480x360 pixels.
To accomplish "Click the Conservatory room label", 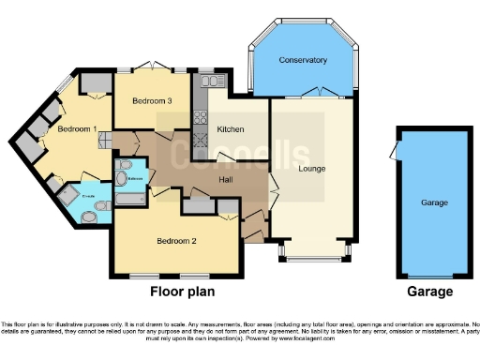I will pos(303,60).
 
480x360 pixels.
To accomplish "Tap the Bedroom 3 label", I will pos(151,100).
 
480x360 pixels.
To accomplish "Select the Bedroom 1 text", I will pos(78,129).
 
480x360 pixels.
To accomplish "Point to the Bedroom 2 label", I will pos(175,240).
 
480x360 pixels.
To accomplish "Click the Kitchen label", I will pos(231,128).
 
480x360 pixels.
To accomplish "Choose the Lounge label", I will pos(312,172).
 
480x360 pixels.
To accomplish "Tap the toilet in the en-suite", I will pos(89,217).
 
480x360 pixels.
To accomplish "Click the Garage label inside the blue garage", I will pos(433,202).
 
